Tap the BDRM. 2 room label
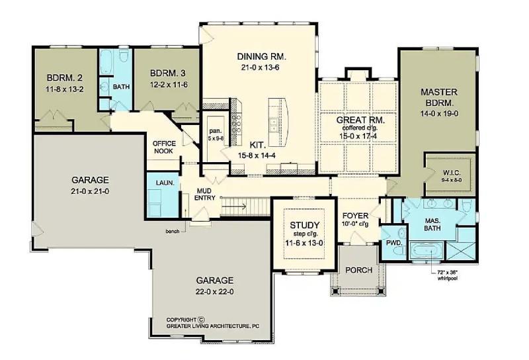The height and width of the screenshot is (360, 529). pyautogui.click(x=64, y=78)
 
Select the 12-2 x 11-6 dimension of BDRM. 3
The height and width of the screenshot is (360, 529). pyautogui.click(x=169, y=85)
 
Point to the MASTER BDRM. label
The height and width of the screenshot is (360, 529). pyautogui.click(x=439, y=97)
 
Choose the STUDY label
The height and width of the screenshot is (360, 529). pyautogui.click(x=305, y=225)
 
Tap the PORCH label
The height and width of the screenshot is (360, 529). pyautogui.click(x=359, y=270)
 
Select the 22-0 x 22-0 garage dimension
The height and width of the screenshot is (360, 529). pyautogui.click(x=214, y=291)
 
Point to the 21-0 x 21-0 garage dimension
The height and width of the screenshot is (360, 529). pyautogui.click(x=90, y=191)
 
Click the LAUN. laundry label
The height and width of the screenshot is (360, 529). pyautogui.click(x=165, y=183)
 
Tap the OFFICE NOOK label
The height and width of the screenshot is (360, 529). pyautogui.click(x=164, y=147)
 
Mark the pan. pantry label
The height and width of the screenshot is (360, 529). pyautogui.click(x=214, y=130)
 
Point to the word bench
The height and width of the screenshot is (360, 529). pyautogui.click(x=173, y=232)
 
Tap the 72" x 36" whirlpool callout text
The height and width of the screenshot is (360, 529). pyautogui.click(x=448, y=275)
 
